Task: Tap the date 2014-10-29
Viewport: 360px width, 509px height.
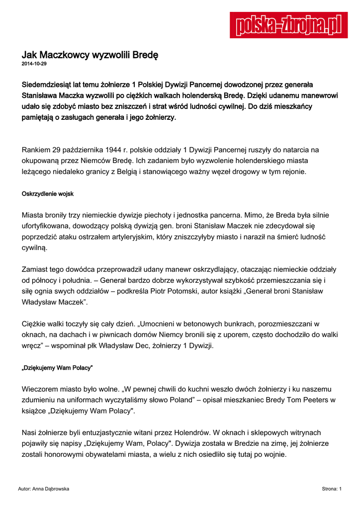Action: click(x=34, y=64)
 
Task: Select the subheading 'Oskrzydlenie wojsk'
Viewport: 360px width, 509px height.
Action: click(x=48, y=193)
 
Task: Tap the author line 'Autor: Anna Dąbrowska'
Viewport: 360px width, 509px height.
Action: click(x=43, y=489)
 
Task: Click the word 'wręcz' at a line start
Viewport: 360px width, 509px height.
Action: click(x=31, y=345)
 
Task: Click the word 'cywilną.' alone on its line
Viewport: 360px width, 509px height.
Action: click(x=34, y=248)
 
